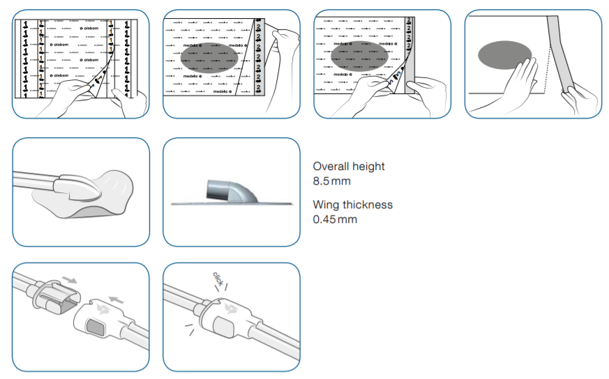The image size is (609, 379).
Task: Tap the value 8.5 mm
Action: (331, 181)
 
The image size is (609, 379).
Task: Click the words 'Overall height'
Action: (348, 167)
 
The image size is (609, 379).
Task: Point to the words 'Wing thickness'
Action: (352, 204)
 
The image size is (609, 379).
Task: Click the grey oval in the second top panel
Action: (209, 59)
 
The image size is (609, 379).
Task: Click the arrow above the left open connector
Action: (70, 279)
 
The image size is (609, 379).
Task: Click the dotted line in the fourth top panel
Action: (546, 70)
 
